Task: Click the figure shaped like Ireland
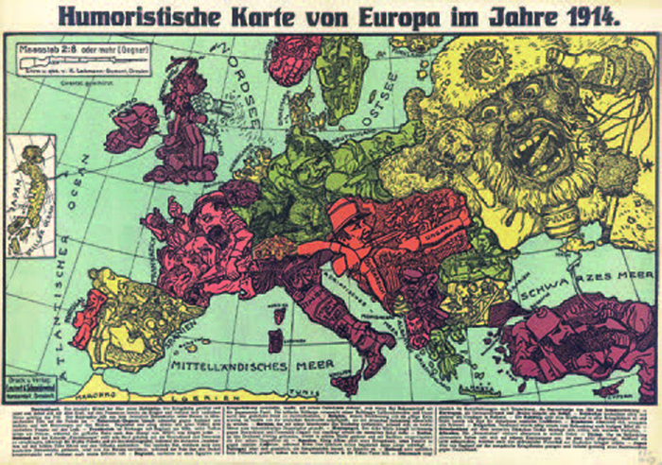coord(131,128)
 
